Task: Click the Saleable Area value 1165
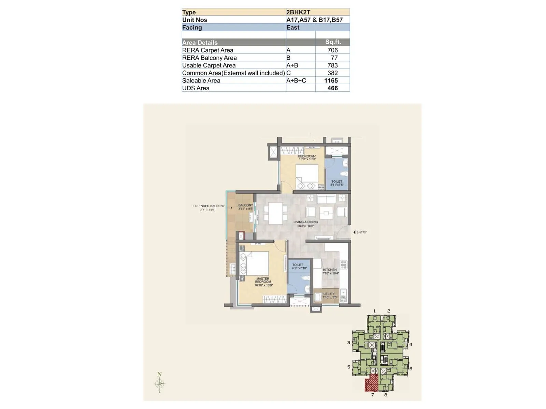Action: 331,80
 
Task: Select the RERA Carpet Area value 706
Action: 332,50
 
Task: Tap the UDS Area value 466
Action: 332,88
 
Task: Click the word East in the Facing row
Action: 293,28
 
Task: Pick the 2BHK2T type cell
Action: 298,12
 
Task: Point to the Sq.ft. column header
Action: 333,42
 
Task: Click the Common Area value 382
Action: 332,73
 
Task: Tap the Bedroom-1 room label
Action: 307,157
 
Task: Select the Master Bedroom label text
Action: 263,282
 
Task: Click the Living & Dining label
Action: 305,224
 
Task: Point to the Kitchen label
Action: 330,271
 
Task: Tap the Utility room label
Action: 329,295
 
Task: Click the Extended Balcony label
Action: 209,208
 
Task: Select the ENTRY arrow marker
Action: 355,232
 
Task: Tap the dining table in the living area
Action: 275,213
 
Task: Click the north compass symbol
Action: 159,383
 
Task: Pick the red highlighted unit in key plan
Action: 372,383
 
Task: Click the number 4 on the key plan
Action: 411,345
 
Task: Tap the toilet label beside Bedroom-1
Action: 336,183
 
